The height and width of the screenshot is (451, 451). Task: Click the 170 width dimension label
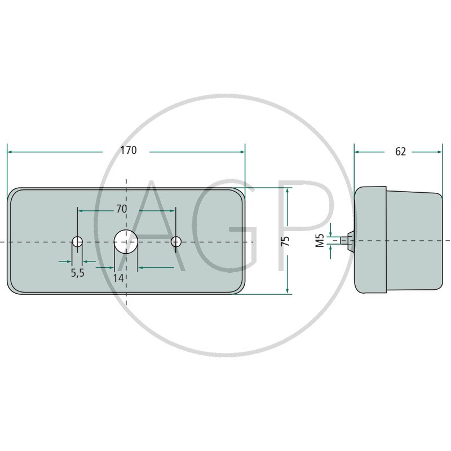coord(129,151)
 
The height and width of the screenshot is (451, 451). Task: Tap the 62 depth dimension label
coord(400,152)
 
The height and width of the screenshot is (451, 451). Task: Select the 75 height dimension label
coord(286,241)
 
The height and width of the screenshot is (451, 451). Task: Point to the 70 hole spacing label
coord(121,209)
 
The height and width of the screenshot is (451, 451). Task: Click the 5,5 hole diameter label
coord(78,273)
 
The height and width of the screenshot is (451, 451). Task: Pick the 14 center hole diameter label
coord(118,278)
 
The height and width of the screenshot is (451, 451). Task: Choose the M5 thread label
coord(320,241)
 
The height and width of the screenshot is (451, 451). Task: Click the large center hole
coord(126,242)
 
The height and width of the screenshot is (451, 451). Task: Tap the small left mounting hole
coord(77,242)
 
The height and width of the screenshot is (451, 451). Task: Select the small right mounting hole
coord(176,242)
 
